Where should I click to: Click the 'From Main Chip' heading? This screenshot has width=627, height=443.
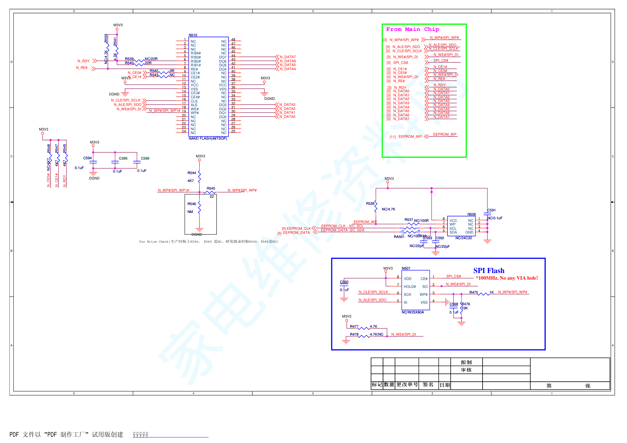tap(412, 29)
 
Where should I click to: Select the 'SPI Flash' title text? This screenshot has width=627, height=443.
tap(489, 271)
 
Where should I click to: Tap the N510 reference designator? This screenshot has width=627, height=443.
tap(193, 35)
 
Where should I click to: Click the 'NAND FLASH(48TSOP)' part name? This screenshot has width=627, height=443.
tap(208, 138)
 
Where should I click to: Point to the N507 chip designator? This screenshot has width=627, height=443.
tap(406, 268)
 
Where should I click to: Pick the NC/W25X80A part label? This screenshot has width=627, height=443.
tap(413, 312)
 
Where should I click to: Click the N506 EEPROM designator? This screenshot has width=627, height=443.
tap(472, 214)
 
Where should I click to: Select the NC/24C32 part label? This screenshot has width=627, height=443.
tap(464, 238)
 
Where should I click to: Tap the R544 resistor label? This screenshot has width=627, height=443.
tap(192, 173)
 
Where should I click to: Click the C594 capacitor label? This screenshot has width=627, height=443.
tap(87, 158)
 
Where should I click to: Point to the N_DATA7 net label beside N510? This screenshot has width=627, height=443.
tap(288, 57)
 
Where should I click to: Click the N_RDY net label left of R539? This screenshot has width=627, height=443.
tap(83, 61)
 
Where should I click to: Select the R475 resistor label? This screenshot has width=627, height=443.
tap(473, 292)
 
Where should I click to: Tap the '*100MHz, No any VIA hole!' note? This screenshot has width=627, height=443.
tap(507, 278)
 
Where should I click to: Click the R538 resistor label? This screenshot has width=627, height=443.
tap(370, 203)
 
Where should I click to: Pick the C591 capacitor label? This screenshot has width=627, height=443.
tap(491, 210)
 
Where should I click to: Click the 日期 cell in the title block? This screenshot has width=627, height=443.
tap(445, 385)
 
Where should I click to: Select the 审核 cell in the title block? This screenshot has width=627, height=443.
tap(466, 370)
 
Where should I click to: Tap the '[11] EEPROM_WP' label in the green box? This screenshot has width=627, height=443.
tap(406, 137)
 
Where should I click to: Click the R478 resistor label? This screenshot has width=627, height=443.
tap(354, 334)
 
